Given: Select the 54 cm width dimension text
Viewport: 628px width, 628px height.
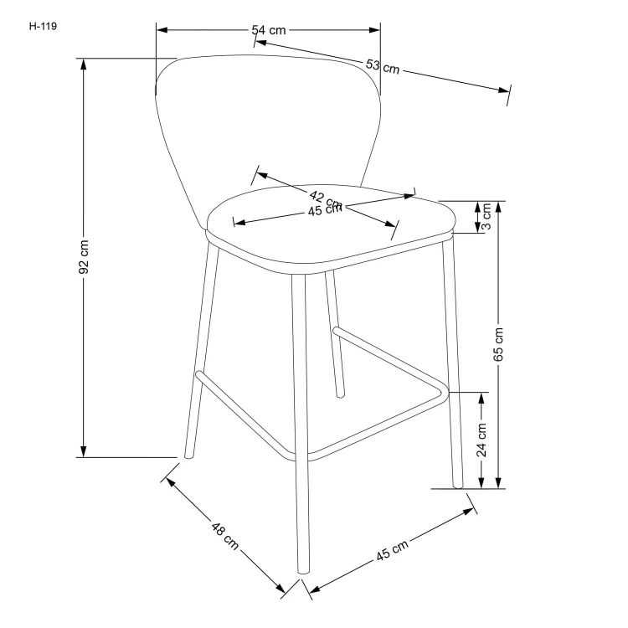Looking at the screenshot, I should coord(269,30).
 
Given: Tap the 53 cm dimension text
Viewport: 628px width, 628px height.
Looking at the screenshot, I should coord(382,66).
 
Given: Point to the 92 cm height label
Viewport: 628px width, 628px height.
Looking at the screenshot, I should coord(84,259).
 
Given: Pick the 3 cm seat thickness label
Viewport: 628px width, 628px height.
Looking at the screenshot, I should coord(486,216).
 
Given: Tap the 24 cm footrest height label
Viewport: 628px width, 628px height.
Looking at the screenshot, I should coord(483,437).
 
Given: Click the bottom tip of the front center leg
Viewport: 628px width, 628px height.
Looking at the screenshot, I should coord(303,571).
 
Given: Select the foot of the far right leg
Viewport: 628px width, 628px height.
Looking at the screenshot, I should coord(457,484).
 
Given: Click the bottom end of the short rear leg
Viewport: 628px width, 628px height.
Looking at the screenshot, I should coord(339,392).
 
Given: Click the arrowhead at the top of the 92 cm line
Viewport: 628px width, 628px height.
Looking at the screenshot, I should coord(84,62).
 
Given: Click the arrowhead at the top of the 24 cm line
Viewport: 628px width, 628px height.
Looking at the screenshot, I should coord(483,396).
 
